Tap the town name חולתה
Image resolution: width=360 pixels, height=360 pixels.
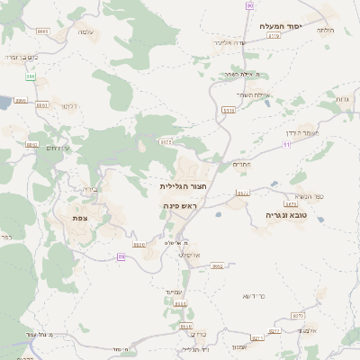[x=327, y=31]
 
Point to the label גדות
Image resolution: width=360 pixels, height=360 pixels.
[x=342, y=98]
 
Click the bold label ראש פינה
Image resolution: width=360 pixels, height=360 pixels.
[x=180, y=206]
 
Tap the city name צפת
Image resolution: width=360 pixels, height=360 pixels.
[x=80, y=218]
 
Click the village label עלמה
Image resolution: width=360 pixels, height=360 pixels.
[x=86, y=32]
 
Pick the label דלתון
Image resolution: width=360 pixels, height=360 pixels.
[x=67, y=106]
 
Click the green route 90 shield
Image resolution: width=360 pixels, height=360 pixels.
[x=249, y=5]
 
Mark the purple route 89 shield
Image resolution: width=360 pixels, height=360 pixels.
[x=121, y=256]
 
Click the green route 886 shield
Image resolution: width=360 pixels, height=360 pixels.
[x=31, y=76]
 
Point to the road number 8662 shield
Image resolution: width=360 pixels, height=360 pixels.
[x=217, y=266]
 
